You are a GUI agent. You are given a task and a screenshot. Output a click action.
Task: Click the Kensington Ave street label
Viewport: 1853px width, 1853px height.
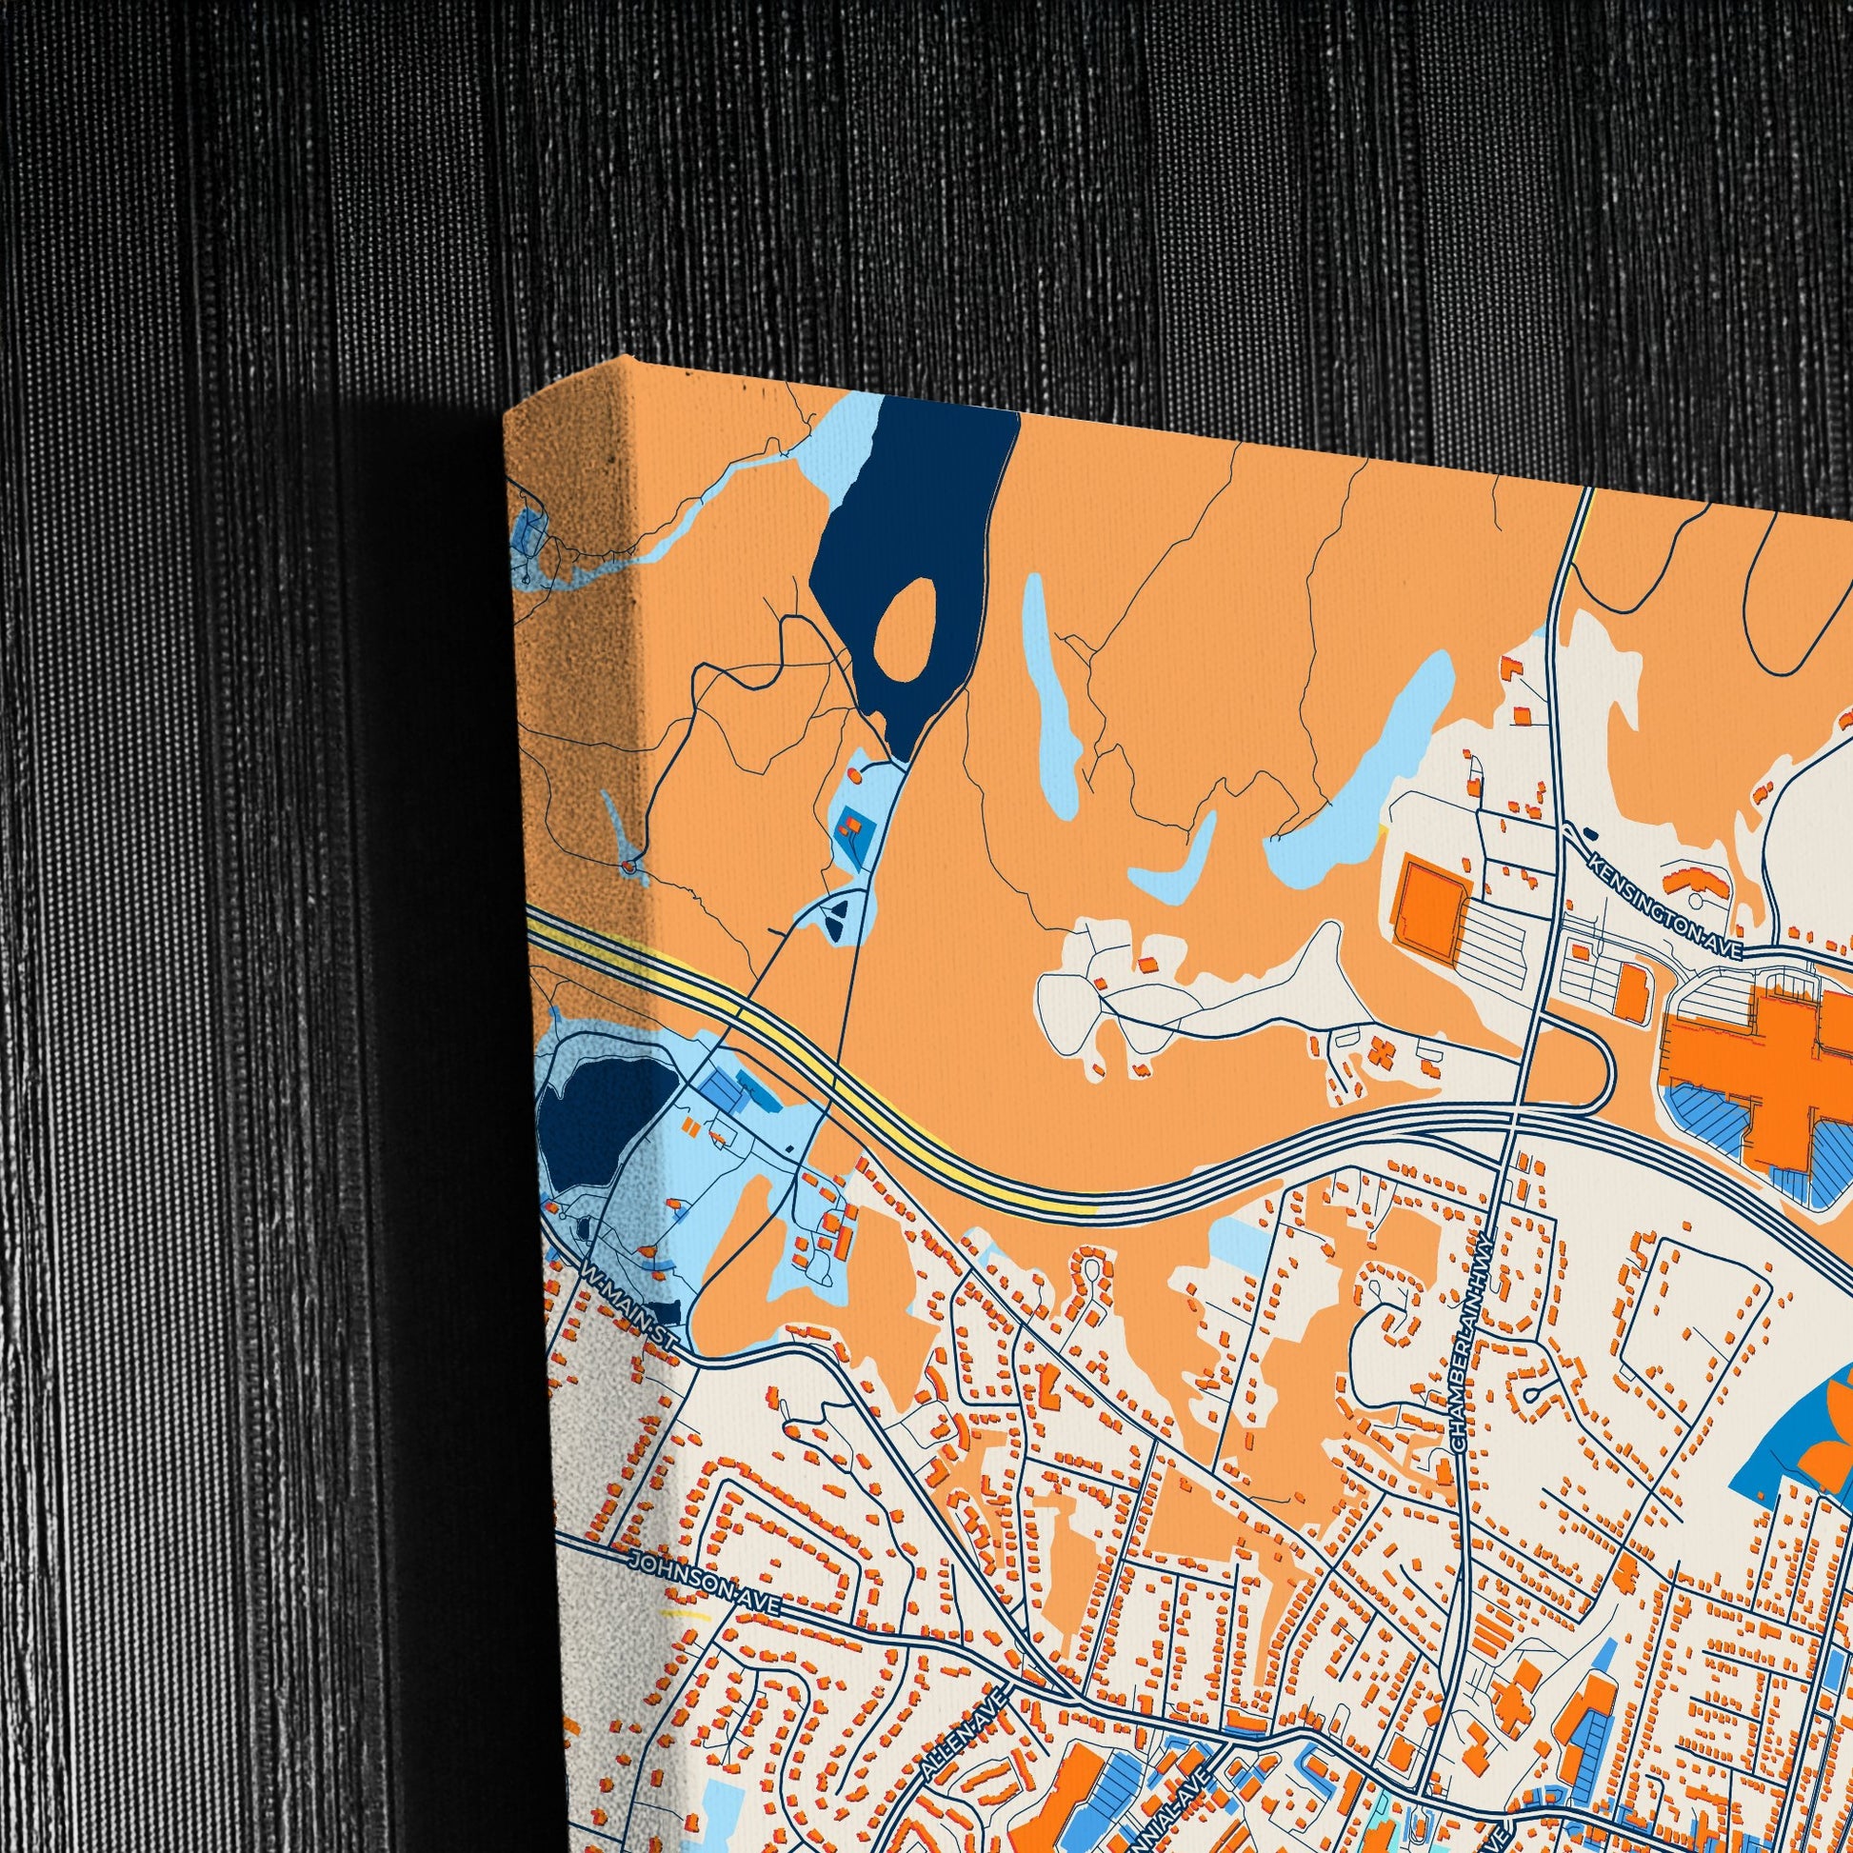coord(1665,907)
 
